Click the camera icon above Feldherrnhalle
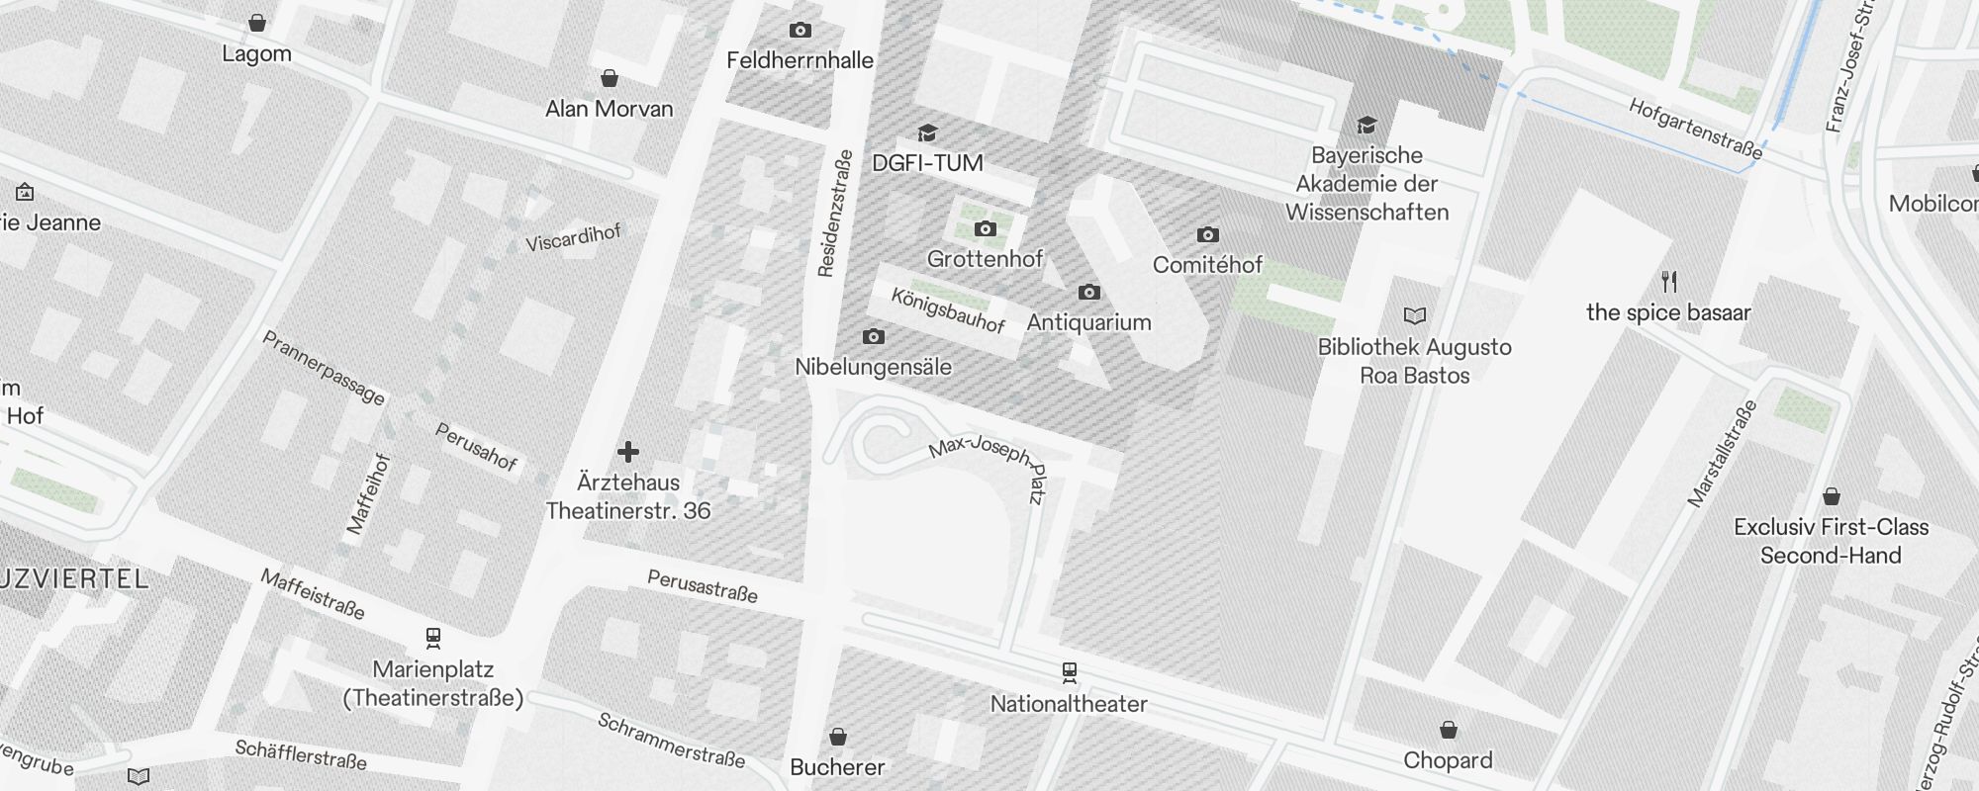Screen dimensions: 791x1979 pos(801,31)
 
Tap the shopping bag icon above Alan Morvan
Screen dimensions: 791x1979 pos(610,78)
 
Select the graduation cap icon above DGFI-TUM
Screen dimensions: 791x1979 pos(927,132)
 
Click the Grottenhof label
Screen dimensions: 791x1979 pos(985,259)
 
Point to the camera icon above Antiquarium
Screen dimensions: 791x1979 pos(1089,292)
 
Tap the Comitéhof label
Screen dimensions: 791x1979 pos(1207,265)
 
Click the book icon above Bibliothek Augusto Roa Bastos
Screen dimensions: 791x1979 pos(1415,316)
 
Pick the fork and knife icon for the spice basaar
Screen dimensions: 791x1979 pos(1669,282)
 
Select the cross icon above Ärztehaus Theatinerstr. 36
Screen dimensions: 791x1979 pos(628,452)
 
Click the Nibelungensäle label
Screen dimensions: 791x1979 pos(873,367)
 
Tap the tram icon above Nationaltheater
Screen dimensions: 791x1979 pos(1069,673)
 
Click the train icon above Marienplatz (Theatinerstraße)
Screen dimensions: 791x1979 pos(432,638)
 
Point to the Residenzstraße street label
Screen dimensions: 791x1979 pos(835,214)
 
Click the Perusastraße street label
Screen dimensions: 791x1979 pos(703,586)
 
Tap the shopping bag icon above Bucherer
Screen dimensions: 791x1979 pos(838,737)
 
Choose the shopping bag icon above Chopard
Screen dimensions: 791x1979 pos(1449,731)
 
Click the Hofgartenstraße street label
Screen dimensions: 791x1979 pos(1695,130)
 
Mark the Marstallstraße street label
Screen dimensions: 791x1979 pos(1723,454)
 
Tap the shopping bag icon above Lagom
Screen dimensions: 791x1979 pos(257,23)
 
